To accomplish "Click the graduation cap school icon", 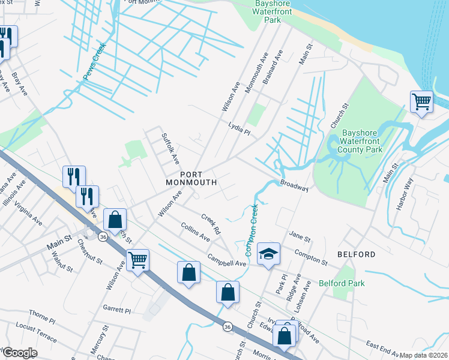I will (269, 254).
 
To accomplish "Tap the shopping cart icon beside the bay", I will (421, 101).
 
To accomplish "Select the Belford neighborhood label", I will (356, 254).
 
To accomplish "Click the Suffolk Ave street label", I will (171, 149).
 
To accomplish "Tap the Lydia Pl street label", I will (239, 128).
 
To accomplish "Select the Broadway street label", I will (294, 185).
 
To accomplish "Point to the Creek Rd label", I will (211, 224).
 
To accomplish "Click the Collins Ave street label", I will (195, 232).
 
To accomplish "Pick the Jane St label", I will (300, 238).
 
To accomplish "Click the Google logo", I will (20, 353).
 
